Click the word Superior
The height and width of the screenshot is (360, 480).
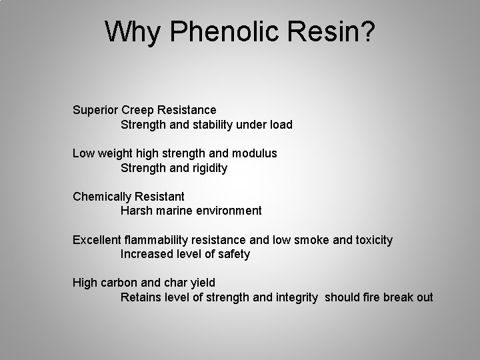pyautogui.click(x=95, y=109)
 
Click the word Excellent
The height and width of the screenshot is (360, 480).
pyautogui.click(x=97, y=239)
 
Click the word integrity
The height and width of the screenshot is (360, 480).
pyautogui.click(x=297, y=297)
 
